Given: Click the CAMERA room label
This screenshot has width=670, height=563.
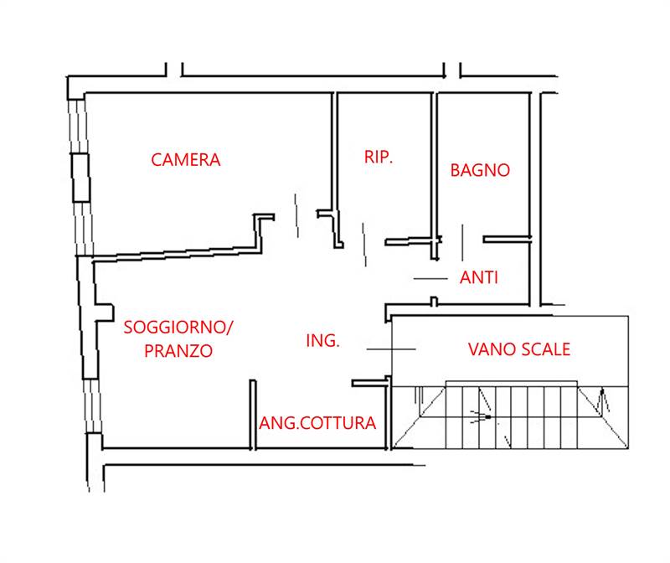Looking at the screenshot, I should pyautogui.click(x=185, y=159).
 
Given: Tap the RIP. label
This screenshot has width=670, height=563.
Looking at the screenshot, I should pyautogui.click(x=379, y=157).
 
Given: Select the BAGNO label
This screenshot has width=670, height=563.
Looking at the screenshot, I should pyautogui.click(x=480, y=169).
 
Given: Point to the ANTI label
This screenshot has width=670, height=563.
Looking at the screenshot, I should pyautogui.click(x=479, y=277).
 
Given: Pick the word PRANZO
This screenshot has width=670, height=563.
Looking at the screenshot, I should pyautogui.click(x=178, y=350).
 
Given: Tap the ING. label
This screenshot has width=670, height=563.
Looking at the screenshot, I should pyautogui.click(x=322, y=340).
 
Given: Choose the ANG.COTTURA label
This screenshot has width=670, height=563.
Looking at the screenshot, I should pyautogui.click(x=317, y=422).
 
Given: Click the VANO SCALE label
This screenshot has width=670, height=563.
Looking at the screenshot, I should pyautogui.click(x=518, y=349).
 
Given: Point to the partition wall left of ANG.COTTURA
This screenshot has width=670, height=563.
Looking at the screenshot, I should pyautogui.click(x=252, y=414).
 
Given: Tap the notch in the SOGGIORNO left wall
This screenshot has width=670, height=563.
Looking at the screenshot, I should pyautogui.click(x=104, y=312).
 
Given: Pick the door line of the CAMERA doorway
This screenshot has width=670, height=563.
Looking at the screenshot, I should pyautogui.click(x=297, y=215).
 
